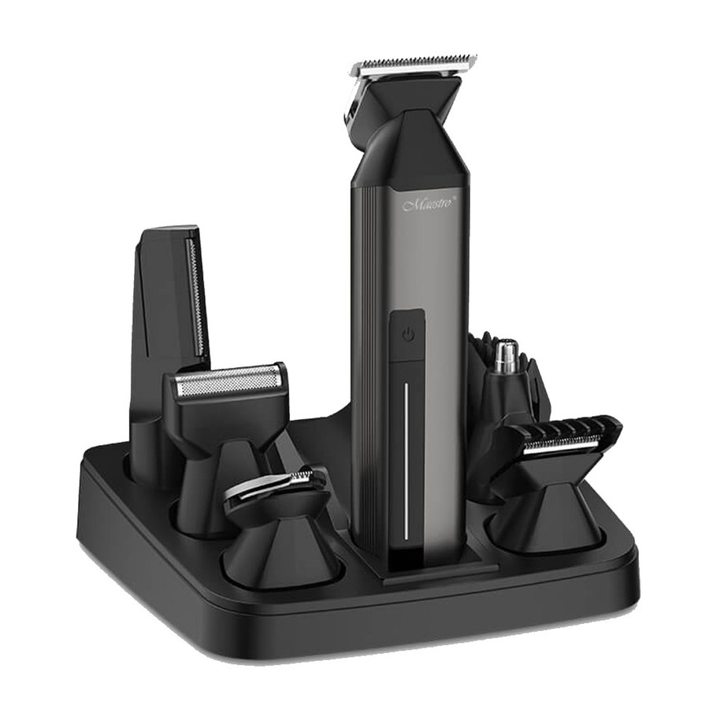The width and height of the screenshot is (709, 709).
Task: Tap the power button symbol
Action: (x=408, y=336)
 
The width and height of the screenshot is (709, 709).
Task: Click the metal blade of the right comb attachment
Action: (x=561, y=446)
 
